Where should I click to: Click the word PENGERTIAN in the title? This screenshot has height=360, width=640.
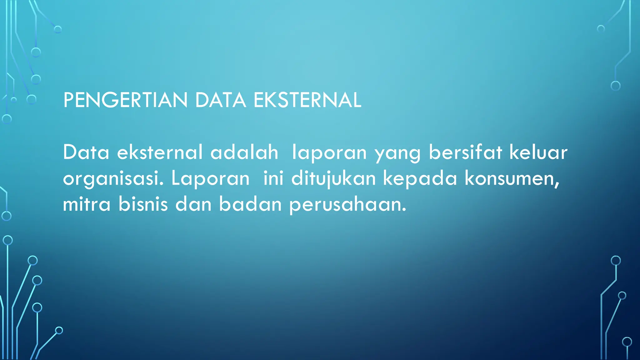(125, 100)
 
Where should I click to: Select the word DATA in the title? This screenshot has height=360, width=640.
(220, 100)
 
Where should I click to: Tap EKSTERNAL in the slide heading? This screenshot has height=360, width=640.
(307, 100)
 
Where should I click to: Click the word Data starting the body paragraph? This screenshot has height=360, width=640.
(86, 152)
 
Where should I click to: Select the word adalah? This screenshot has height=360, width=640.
(244, 152)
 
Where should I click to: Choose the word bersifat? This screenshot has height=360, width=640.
(465, 152)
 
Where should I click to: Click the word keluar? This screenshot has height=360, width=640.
(538, 152)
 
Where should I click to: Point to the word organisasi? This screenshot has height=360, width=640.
(113, 179)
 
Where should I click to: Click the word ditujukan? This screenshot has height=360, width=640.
(333, 179)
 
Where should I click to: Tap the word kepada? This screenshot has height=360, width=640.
(420, 179)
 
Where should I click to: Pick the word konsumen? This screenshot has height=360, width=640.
(511, 179)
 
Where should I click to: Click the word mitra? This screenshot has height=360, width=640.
(87, 204)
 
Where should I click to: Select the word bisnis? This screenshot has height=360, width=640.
(143, 204)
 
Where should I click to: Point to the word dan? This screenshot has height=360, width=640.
(193, 204)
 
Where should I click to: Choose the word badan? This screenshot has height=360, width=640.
(250, 204)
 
